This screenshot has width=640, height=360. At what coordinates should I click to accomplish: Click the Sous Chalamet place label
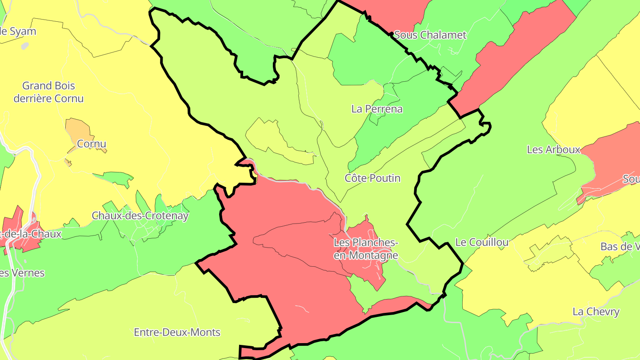(x=430, y=35)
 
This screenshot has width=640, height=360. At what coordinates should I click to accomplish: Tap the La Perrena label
(x=377, y=109)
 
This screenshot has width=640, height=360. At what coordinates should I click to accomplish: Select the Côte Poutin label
(x=372, y=178)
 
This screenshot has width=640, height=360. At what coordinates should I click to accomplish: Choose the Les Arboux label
(x=553, y=149)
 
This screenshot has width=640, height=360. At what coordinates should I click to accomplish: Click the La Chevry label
(x=596, y=312)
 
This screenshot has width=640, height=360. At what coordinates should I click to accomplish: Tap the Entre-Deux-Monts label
(x=177, y=332)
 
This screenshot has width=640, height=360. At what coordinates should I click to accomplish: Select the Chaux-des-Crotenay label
(x=140, y=216)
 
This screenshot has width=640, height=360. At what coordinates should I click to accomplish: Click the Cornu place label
(x=92, y=144)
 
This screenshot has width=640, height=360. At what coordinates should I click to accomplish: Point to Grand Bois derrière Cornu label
(x=48, y=92)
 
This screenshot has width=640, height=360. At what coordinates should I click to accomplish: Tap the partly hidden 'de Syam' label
(x=18, y=32)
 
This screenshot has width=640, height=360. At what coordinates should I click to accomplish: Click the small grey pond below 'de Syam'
(x=25, y=45)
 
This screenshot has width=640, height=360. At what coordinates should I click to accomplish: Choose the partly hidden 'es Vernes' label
(x=22, y=272)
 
